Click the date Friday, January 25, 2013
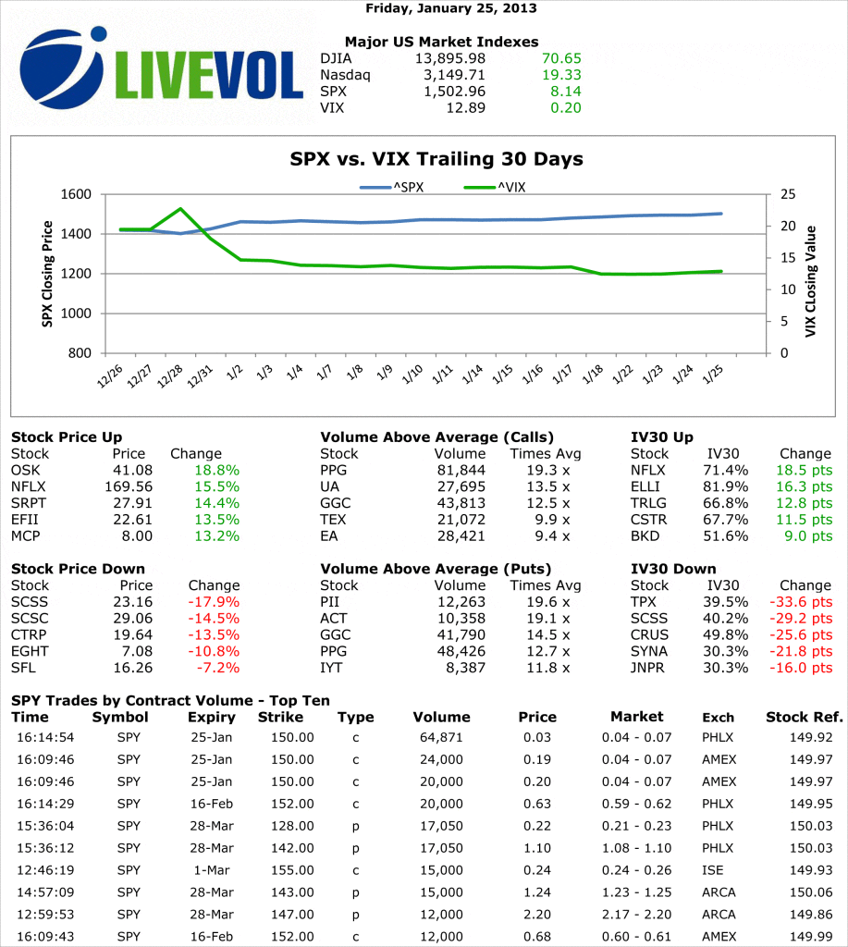[450, 8]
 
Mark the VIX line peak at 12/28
[181, 209]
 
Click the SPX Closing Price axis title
[47, 273]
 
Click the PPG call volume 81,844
[459, 470]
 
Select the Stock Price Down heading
[78, 569]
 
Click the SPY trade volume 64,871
[437, 737]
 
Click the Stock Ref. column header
[804, 717]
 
